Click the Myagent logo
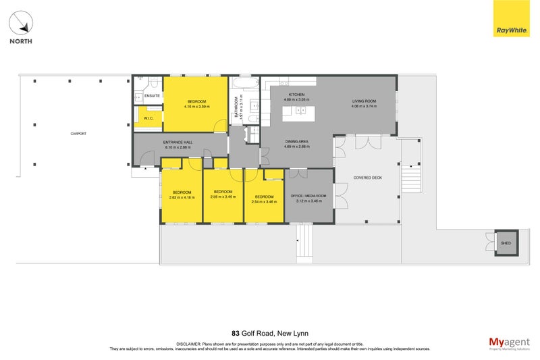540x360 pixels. (x=508, y=343)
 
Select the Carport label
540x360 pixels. (x=78, y=134)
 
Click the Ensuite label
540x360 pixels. (x=152, y=96)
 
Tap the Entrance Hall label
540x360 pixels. (x=178, y=143)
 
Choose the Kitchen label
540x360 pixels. (x=297, y=94)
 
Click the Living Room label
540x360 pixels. (x=364, y=101)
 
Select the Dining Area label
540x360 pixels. (x=296, y=141)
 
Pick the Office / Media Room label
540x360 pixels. (x=308, y=195)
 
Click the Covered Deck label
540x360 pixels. (x=368, y=178)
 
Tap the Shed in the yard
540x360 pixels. (x=505, y=243)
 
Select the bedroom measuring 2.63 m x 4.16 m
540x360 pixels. (x=182, y=195)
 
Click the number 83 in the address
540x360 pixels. (x=235, y=333)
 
